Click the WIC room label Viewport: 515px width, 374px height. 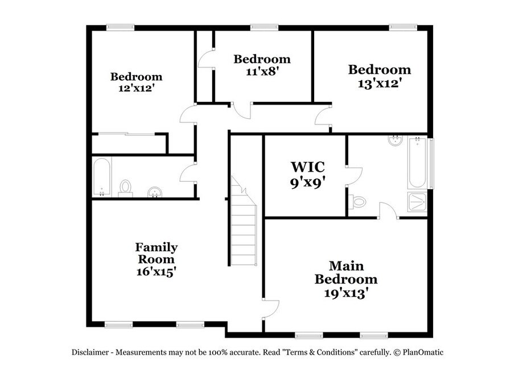coord(308,167)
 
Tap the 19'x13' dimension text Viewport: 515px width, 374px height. coord(345,293)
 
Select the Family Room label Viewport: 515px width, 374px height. coord(156,253)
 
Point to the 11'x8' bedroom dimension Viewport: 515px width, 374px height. coord(262,71)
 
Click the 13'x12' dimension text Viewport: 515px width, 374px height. coord(380,84)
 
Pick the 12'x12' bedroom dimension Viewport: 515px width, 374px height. coord(137,88)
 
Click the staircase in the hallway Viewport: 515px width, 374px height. coord(244,221)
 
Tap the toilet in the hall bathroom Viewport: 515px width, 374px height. coord(125,189)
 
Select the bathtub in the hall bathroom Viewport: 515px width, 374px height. coord(101,177)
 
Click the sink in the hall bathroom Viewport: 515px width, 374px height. coord(155,192)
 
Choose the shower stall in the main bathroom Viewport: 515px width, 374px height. coord(418,201)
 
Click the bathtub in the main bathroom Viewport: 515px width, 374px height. coord(417,163)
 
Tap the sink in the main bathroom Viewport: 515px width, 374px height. coord(395,140)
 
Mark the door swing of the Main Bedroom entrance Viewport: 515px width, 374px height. coord(271,309)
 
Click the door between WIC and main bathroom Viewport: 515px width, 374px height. coord(355,176)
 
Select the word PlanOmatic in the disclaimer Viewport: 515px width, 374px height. coord(423,352)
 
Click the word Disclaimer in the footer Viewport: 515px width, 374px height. coord(90,352)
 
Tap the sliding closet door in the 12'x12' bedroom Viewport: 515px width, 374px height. coord(127,134)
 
